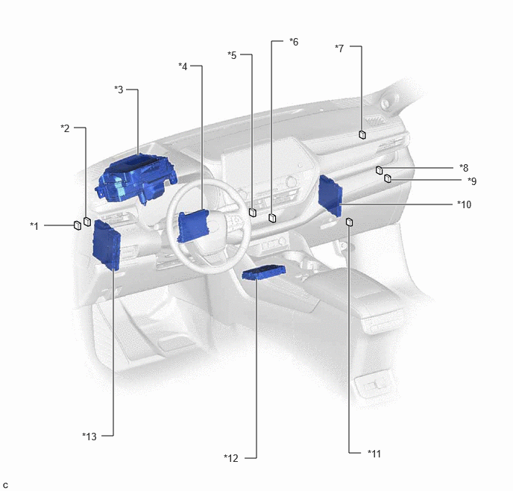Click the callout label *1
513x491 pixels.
(x=34, y=226)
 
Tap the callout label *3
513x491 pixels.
(x=119, y=90)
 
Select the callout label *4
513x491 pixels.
(x=183, y=66)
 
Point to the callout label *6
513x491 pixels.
(x=294, y=42)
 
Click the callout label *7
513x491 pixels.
(x=339, y=49)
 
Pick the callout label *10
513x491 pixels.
(x=465, y=204)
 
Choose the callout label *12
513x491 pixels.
(x=231, y=458)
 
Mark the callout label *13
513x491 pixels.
(x=89, y=437)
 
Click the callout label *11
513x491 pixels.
(x=374, y=454)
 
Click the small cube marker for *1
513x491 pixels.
(x=78, y=225)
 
